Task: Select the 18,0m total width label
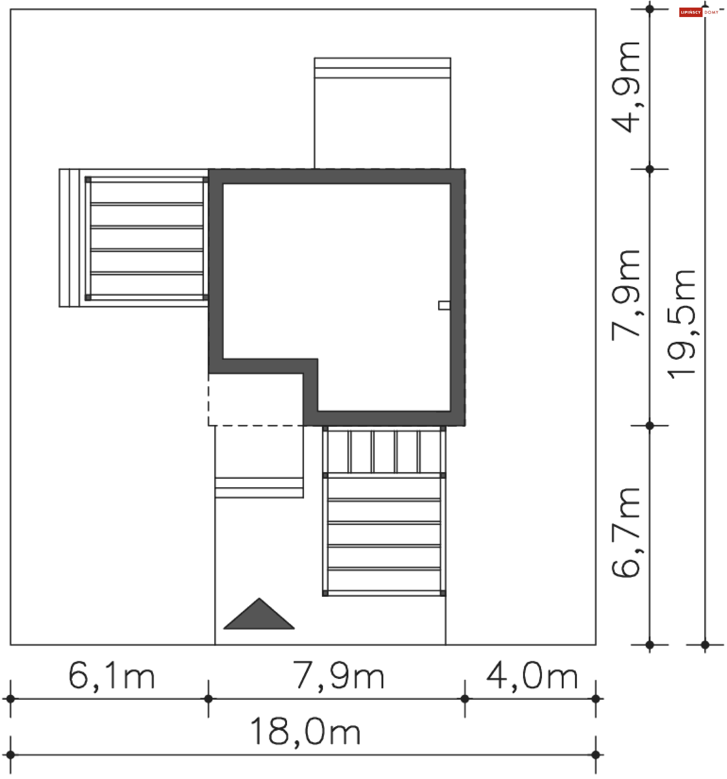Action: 305,731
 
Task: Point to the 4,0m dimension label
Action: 532,676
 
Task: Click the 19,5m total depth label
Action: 682,325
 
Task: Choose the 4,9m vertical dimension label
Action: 626,87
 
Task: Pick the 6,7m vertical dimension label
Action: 626,533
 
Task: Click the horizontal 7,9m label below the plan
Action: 339,676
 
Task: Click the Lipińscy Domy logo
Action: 699,12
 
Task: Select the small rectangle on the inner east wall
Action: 444,305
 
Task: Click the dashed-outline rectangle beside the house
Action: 255,399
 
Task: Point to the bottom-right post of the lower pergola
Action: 443,593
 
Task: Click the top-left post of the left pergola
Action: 88,180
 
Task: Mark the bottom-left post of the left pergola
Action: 88,297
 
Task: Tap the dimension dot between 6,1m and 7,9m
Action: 208,699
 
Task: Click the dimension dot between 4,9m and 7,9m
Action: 650,169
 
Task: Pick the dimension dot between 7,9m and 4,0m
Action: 465,699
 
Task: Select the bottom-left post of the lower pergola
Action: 325,593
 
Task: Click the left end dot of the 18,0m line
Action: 11,755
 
